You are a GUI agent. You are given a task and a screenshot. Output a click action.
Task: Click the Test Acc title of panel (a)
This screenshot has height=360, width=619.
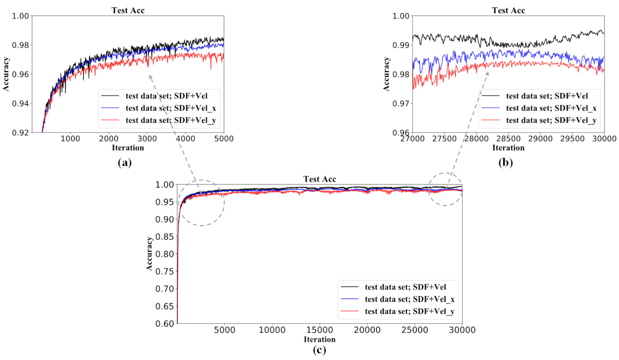[128, 10]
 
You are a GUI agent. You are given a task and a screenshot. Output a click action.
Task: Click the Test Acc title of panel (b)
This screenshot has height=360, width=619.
[508, 10]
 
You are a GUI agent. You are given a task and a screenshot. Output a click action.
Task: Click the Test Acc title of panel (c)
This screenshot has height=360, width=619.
[320, 179]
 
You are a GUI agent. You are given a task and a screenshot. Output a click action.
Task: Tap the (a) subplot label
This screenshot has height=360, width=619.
[125, 163]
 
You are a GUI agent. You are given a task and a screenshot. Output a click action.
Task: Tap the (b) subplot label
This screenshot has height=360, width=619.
[505, 163]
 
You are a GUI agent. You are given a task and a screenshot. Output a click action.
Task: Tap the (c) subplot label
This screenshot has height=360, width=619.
[319, 350]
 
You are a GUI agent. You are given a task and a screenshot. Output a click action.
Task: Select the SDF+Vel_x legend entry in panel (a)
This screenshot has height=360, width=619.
[170, 108]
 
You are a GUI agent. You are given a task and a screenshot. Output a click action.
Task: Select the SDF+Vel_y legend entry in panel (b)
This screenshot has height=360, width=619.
[551, 120]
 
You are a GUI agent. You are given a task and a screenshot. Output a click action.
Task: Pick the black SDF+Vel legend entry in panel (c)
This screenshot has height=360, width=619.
[405, 287]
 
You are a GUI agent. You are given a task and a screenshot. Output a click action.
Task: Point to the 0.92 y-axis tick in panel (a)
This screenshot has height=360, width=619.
[20, 132]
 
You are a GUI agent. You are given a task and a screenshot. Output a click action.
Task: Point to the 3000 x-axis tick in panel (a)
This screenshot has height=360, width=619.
[147, 139]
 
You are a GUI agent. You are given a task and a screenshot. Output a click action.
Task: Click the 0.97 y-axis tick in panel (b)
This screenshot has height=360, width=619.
[401, 103]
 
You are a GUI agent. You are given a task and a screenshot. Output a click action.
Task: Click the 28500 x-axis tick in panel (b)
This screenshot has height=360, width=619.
[508, 139]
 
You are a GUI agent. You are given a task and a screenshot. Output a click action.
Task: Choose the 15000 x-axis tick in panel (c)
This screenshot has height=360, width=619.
[320, 330]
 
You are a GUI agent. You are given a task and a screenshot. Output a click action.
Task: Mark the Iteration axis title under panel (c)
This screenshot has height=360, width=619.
[320, 339]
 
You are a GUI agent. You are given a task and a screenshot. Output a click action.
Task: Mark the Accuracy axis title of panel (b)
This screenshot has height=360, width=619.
[386, 74]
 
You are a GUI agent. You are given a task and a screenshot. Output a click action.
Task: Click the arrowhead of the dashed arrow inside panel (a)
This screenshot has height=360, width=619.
[150, 76]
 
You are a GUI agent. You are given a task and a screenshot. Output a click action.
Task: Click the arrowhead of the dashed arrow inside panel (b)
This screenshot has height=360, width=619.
[487, 73]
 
